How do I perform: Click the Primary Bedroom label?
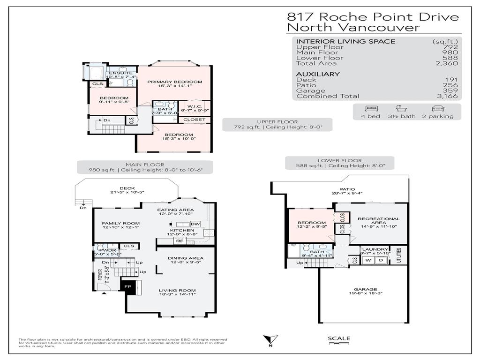pyautogui.click(x=174, y=82)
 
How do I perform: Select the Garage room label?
pyautogui.click(x=366, y=290)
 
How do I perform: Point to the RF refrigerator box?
pyautogui.click(x=179, y=241)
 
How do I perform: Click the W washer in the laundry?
pyautogui.click(x=368, y=260)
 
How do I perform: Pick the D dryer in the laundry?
pyautogui.click(x=381, y=260)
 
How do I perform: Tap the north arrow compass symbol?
pyautogui.click(x=270, y=340)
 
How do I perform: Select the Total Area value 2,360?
pyautogui.click(x=449, y=63)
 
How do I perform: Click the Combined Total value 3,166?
pyautogui.click(x=449, y=96)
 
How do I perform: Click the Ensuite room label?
pyautogui.click(x=120, y=74)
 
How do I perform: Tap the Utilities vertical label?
pyautogui.click(x=399, y=255)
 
